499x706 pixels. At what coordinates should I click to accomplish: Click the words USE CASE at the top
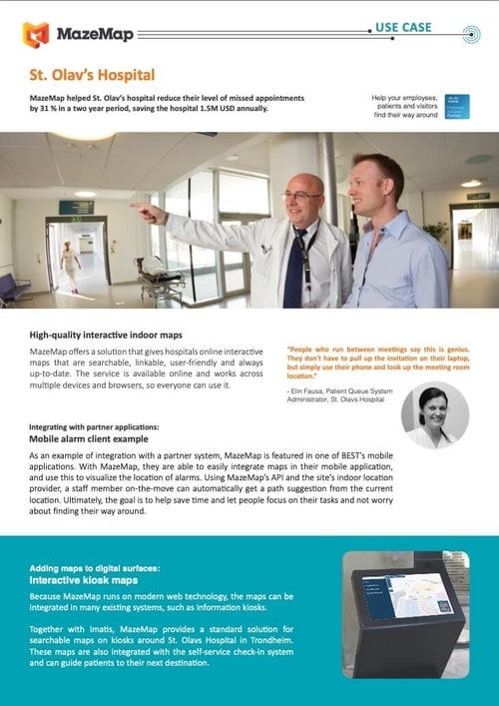tap(402, 27)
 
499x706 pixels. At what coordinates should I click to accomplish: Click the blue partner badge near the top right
tap(456, 106)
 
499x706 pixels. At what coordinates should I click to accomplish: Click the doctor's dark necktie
tap(292, 269)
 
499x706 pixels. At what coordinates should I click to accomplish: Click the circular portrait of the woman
tap(434, 415)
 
